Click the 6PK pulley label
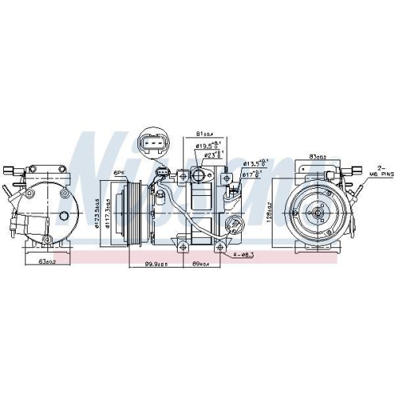pyautogui.click(x=119, y=171)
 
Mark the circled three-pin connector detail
pyautogui.click(x=152, y=144)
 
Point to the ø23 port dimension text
pyautogui.click(x=213, y=155)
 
